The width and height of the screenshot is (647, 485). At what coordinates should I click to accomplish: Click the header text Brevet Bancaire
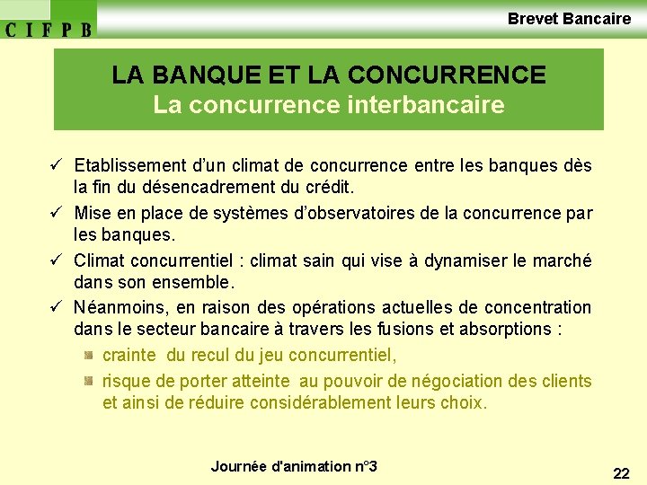coord(569,18)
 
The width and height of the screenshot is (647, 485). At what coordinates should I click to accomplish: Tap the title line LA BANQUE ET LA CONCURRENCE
coord(328,75)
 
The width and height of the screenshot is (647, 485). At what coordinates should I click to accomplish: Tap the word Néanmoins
coord(115,307)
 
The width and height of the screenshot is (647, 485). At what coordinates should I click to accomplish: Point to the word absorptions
coord(504,330)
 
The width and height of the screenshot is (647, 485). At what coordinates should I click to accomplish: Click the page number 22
coord(621,473)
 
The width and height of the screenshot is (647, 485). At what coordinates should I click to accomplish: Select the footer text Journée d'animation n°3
coord(294,466)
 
